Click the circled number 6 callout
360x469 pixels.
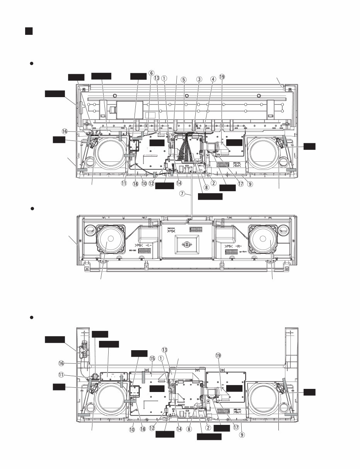click(152, 73)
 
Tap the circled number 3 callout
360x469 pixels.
click(199, 79)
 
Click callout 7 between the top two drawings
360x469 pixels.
click(182, 194)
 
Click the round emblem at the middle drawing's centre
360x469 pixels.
click(186, 245)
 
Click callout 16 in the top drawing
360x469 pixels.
click(65, 132)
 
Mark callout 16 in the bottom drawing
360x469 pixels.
click(61, 363)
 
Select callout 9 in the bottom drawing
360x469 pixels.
click(242, 434)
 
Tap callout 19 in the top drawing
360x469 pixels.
click(222, 77)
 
